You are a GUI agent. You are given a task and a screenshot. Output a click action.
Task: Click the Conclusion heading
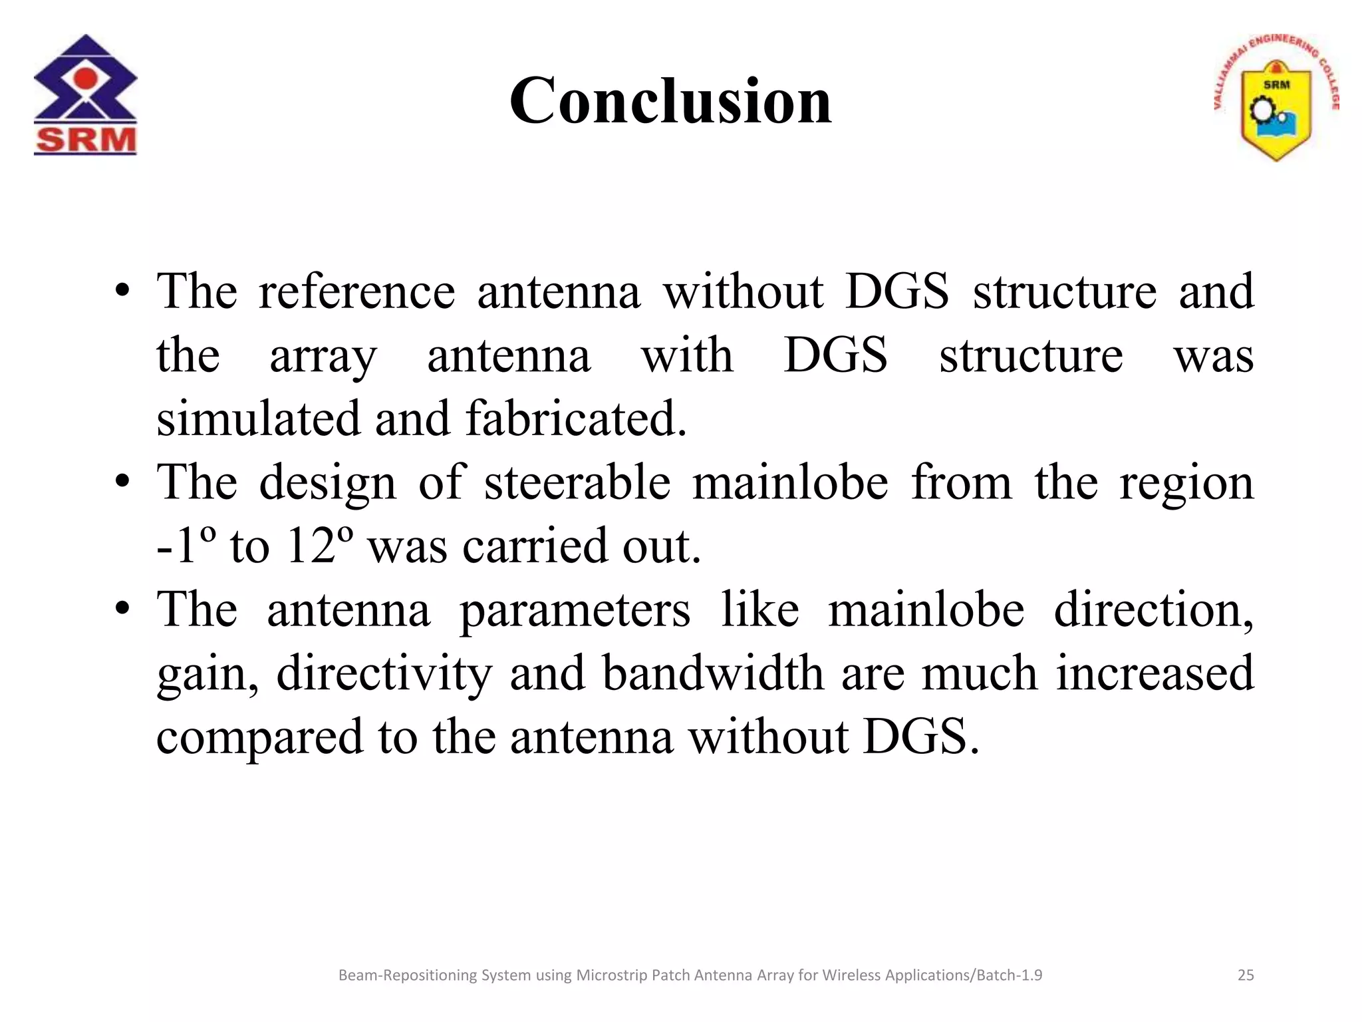tap(670, 101)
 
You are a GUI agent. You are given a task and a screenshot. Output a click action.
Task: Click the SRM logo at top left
tap(85, 94)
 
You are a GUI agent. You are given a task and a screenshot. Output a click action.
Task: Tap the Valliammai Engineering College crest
tap(1276, 100)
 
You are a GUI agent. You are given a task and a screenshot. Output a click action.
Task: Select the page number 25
tap(1245, 975)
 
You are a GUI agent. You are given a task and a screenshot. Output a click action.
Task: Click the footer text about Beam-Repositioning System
tap(690, 975)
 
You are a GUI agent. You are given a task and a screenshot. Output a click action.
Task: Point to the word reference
tap(356, 291)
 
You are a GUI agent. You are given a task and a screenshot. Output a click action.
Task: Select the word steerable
tap(577, 482)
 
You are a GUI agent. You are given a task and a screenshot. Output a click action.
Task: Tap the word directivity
tap(384, 673)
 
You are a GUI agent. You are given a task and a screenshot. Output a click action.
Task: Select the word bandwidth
tap(713, 673)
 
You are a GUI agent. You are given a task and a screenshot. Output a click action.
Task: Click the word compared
tap(259, 737)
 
